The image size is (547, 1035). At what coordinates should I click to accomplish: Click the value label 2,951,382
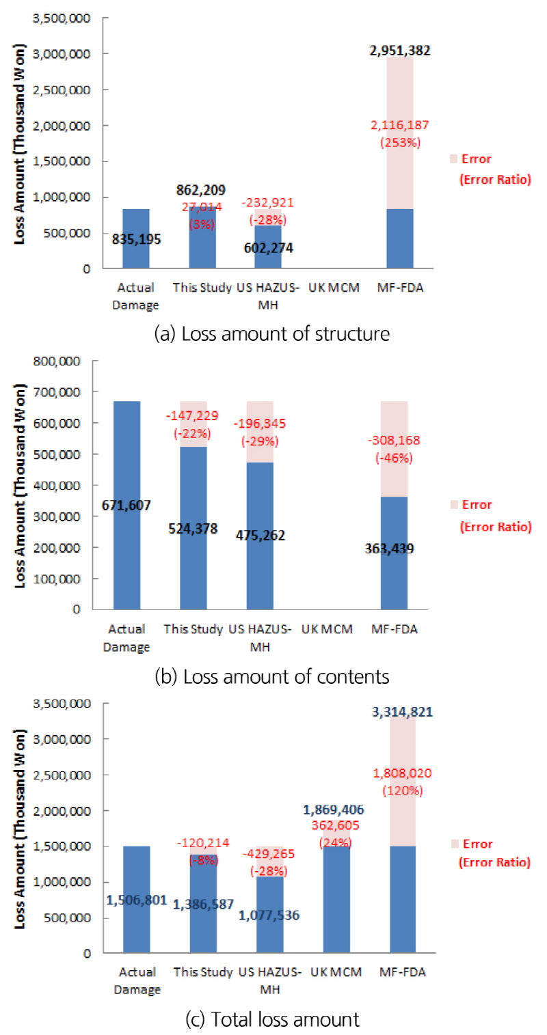point(400,51)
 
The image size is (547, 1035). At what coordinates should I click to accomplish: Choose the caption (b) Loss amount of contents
point(272,676)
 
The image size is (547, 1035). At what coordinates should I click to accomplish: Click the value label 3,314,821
point(403,713)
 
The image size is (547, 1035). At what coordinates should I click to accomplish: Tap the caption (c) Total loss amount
point(272,1020)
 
